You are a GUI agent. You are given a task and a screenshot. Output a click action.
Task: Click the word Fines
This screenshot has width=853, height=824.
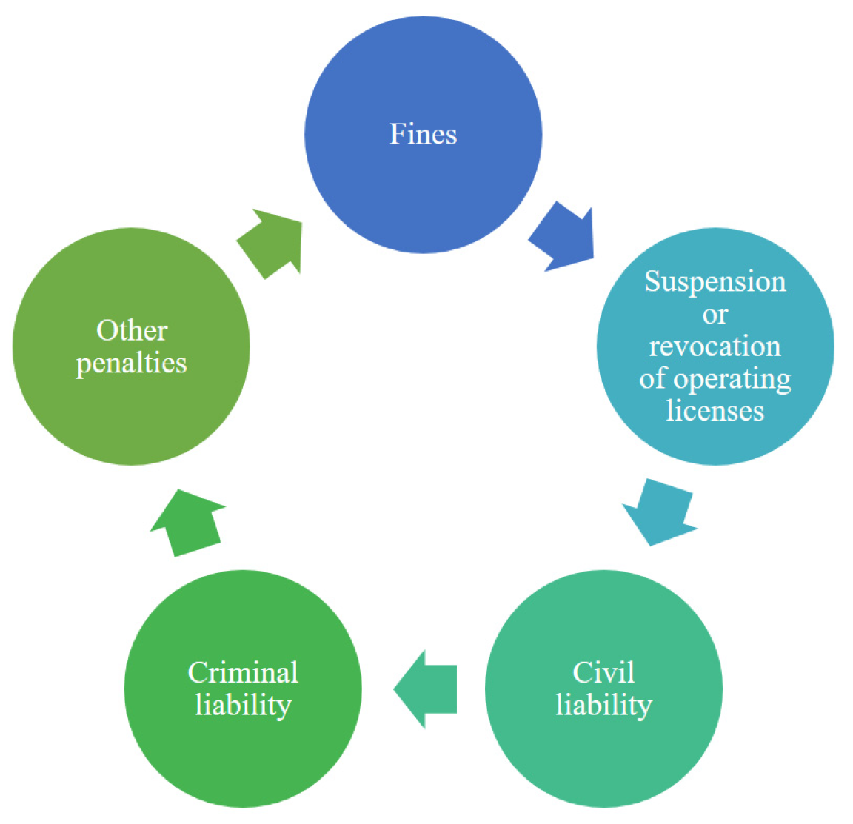coord(424,135)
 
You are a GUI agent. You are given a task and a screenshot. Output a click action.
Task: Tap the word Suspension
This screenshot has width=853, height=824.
coord(715,282)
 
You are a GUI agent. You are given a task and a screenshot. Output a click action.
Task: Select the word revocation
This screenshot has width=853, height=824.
coord(715,346)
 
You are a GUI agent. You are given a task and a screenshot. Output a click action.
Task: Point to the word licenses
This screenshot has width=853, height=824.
coord(715,410)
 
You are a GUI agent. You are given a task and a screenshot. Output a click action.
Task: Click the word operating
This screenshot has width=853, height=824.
coord(732,380)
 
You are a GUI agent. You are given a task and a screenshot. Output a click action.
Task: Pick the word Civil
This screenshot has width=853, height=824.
coord(603,672)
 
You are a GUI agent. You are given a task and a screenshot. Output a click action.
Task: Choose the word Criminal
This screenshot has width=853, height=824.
coord(243,672)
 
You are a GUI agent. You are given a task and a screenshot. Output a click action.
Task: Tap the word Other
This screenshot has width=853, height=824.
coord(132,330)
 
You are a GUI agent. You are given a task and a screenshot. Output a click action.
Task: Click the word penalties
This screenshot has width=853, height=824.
coord(132,364)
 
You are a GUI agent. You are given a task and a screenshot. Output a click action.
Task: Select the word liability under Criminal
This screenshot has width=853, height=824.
coord(243,705)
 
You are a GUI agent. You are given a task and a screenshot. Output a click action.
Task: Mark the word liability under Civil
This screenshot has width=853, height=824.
coord(603,705)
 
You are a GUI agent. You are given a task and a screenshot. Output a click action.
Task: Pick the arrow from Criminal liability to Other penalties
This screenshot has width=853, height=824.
coord(188,522)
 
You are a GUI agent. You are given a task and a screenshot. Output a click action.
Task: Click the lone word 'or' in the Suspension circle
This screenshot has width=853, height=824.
coord(715,315)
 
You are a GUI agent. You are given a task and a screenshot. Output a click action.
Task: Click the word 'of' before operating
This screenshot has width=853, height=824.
coord(653,378)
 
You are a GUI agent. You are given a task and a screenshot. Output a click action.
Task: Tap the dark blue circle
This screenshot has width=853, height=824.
coord(424,185)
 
